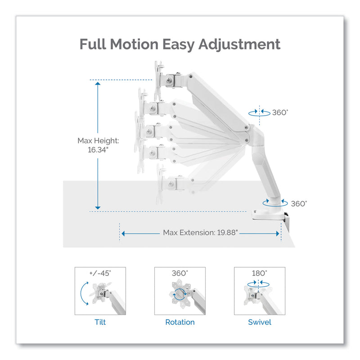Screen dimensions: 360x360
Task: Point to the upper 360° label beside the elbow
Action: point(279,112)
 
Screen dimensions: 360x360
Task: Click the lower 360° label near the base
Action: point(299,203)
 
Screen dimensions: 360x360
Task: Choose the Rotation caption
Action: point(180,322)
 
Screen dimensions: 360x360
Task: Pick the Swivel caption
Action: point(260,322)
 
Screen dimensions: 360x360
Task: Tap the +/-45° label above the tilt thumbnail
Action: point(100,273)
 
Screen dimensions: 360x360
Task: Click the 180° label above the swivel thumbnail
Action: point(260,273)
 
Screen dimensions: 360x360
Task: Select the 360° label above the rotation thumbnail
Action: point(180,273)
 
